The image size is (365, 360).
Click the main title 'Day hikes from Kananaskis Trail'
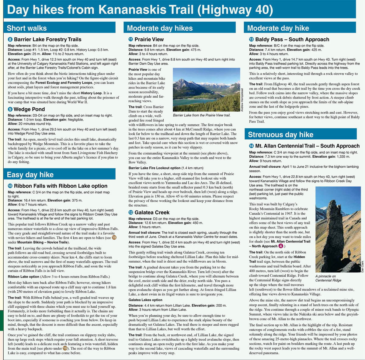click(140, 10)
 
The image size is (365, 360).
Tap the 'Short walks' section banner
click(27, 28)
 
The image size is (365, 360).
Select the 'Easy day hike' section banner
click(30, 174)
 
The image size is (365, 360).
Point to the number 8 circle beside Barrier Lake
click(10, 39)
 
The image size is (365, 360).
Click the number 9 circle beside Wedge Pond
click(10, 109)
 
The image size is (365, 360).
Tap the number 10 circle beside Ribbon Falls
click(10, 186)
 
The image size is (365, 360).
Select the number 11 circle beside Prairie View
click(130, 39)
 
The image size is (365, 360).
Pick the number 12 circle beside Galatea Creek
click(130, 212)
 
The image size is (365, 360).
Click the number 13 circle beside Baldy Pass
click(251, 39)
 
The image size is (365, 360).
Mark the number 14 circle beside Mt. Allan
click(251, 146)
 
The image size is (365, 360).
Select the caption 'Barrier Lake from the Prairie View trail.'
click(202, 115)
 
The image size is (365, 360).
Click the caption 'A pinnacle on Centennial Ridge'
click(328, 278)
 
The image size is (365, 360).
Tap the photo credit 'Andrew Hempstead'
click(242, 100)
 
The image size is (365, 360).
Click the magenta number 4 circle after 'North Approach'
click(281, 246)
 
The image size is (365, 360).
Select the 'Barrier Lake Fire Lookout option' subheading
click(155, 168)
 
